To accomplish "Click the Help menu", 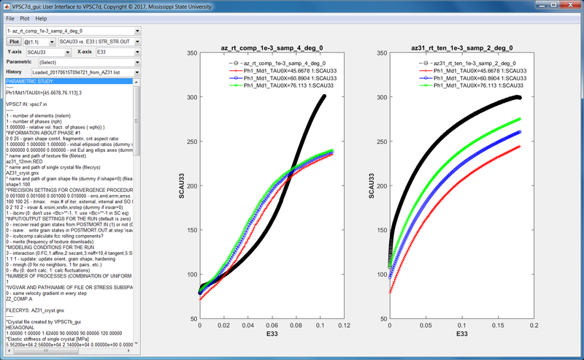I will coord(41,18).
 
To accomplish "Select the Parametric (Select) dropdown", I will coord(87,63).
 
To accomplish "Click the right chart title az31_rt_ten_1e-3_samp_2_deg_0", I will coord(458,47).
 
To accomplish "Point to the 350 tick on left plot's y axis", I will coord(191,53).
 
